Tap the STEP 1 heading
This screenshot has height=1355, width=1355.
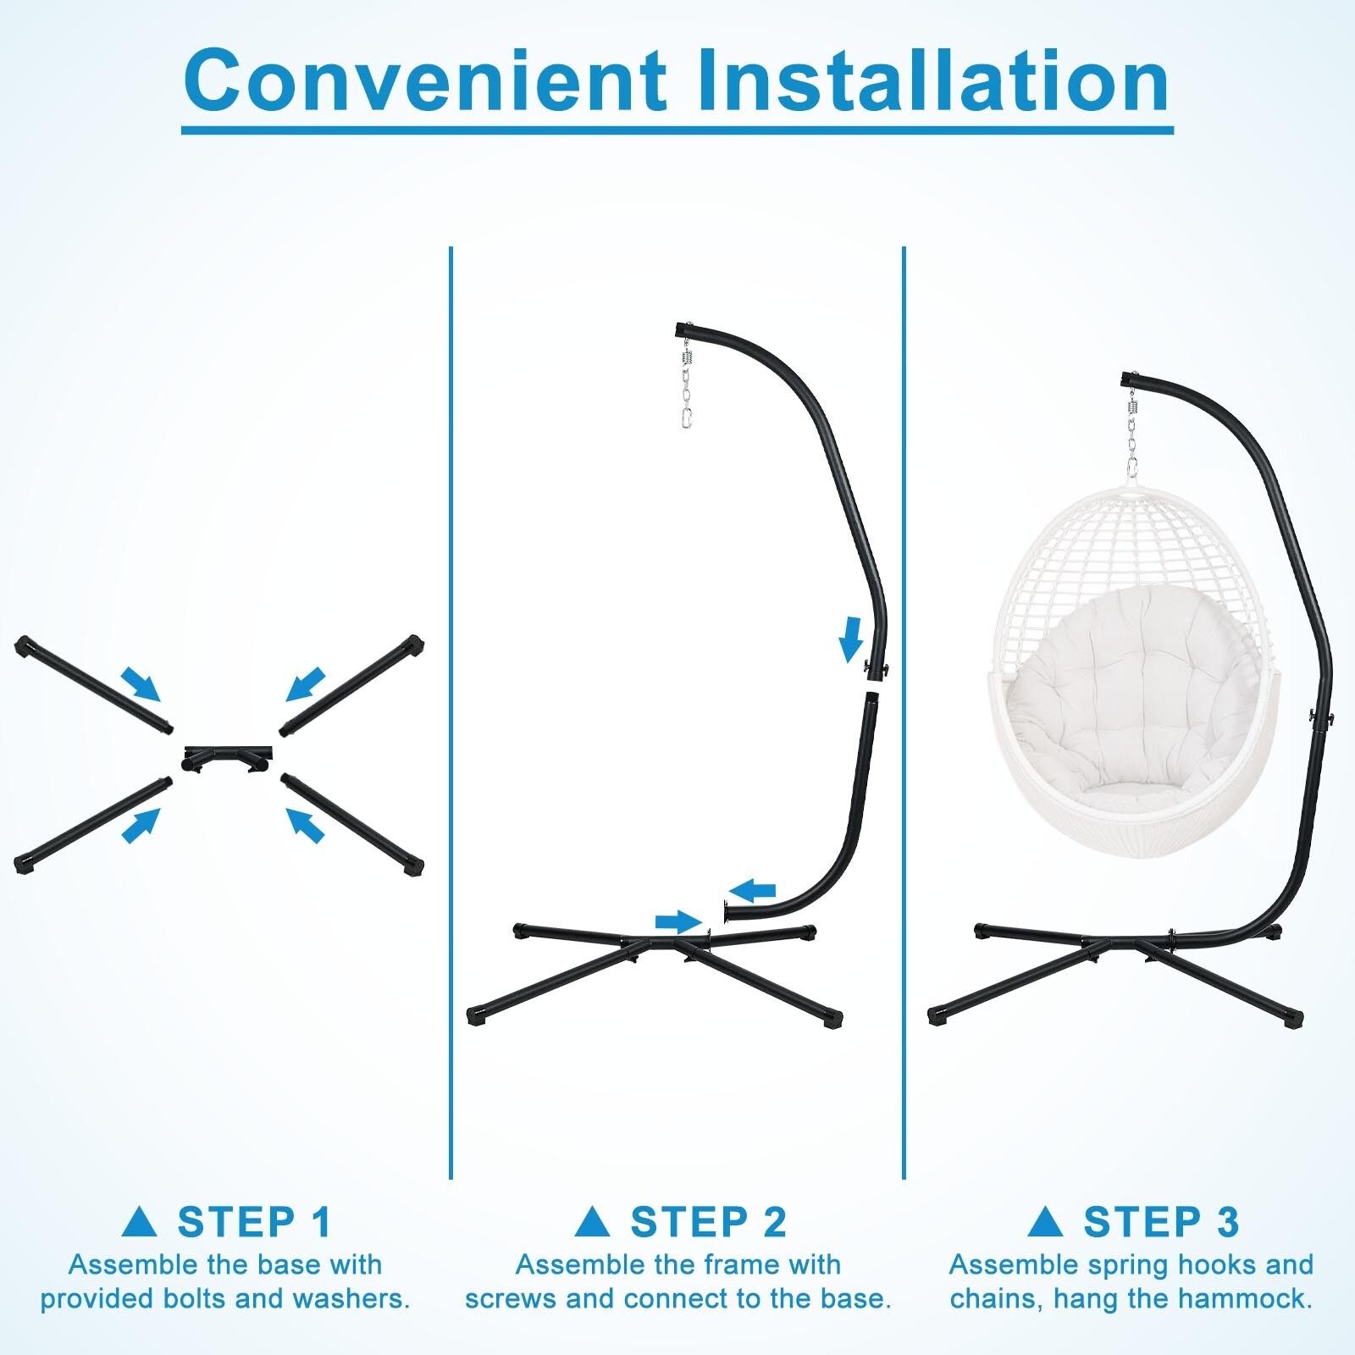(x=254, y=1222)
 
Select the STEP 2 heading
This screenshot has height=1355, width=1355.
(x=708, y=1222)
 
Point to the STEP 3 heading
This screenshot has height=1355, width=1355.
(x=1161, y=1222)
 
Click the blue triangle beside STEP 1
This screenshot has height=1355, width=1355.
(x=140, y=1222)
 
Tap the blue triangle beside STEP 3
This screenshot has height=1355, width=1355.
(x=1045, y=1222)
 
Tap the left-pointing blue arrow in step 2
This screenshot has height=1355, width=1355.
(x=752, y=890)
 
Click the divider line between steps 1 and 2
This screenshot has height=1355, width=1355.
(x=451, y=711)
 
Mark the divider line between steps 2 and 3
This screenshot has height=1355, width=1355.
(x=904, y=711)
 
